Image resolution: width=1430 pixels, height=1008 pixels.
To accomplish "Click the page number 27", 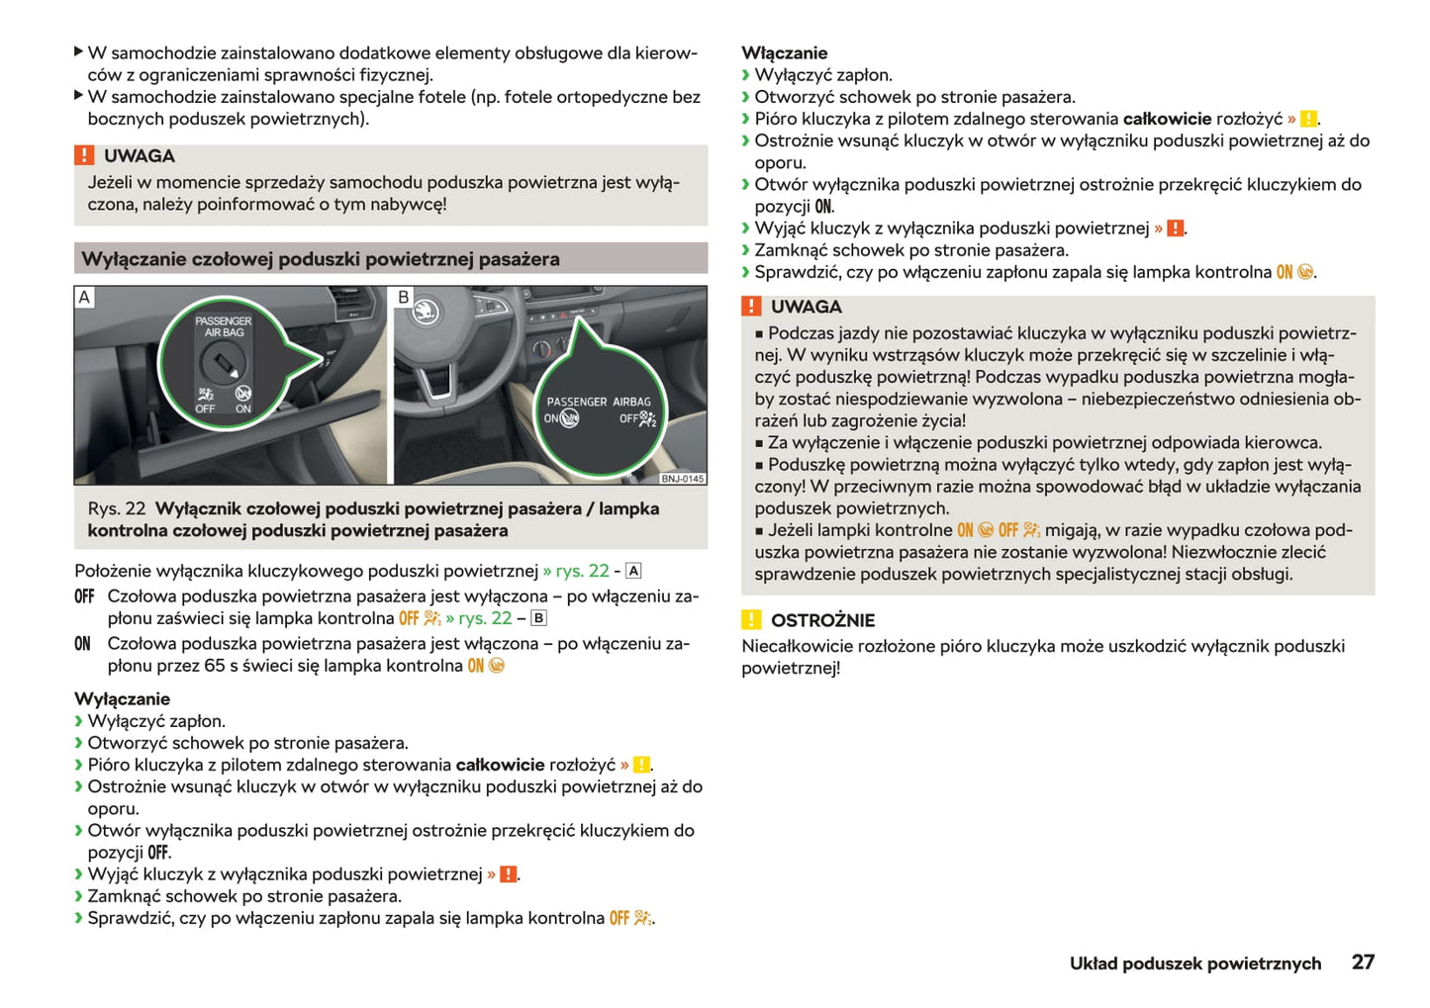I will click(x=1363, y=962).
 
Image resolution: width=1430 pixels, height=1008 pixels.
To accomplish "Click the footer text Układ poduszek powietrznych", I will click(x=1194, y=963).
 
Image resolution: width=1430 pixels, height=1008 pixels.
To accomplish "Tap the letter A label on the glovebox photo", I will click(x=85, y=297).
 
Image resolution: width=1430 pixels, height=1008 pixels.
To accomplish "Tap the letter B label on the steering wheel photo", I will click(x=404, y=297).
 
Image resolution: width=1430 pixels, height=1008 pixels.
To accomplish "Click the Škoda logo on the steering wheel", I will click(x=425, y=313).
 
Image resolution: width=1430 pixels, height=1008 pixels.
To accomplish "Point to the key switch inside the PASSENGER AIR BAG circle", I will click(x=220, y=365).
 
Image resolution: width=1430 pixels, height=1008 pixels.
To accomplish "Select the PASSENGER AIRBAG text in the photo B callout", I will click(x=599, y=402).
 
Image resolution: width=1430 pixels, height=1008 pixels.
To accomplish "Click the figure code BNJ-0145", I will click(x=683, y=479).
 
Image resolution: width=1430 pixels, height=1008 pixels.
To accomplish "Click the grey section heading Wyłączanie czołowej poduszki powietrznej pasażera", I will click(x=321, y=259).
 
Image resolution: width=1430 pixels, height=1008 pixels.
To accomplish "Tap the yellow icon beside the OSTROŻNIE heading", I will click(x=752, y=620).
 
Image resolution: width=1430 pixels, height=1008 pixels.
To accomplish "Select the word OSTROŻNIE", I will click(x=822, y=620).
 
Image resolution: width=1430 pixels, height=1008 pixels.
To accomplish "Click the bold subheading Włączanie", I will click(x=784, y=53).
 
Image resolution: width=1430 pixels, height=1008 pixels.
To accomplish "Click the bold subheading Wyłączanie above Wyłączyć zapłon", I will click(x=122, y=699).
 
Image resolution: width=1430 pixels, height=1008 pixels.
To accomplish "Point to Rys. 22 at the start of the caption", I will click(x=117, y=508).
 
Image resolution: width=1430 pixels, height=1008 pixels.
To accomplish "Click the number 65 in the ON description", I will click(x=215, y=666).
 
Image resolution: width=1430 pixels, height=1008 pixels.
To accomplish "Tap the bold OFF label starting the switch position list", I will click(x=84, y=596).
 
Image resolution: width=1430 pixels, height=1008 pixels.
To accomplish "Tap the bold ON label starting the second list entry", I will click(x=82, y=644).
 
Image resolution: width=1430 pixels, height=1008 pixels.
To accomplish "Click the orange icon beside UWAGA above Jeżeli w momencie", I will click(x=85, y=155).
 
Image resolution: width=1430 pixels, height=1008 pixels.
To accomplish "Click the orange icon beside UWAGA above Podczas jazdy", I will click(x=752, y=307).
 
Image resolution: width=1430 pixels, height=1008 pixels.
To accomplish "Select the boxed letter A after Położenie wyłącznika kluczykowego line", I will click(x=633, y=571).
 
